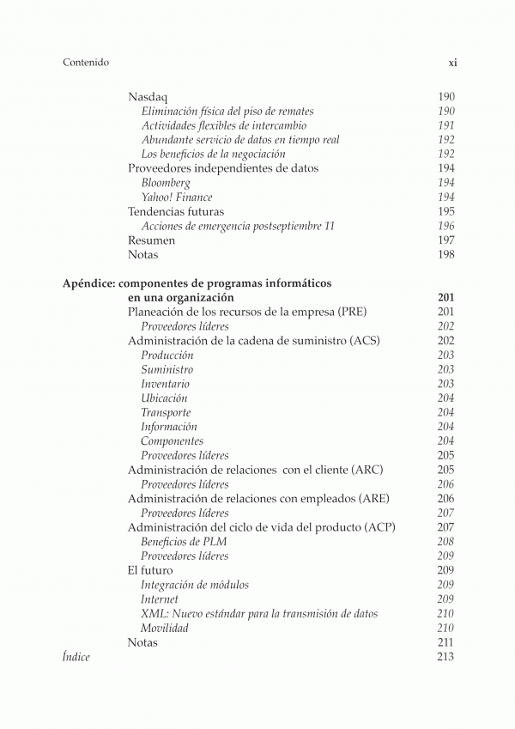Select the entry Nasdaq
click(147, 97)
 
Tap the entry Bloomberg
click(166, 183)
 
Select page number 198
click(445, 255)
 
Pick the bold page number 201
click(445, 297)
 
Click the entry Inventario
click(165, 384)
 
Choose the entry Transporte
click(166, 413)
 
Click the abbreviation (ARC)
click(366, 470)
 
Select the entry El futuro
click(150, 570)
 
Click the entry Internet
click(160, 599)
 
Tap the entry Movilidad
click(165, 629)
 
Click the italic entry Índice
click(76, 657)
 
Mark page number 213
click(445, 657)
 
